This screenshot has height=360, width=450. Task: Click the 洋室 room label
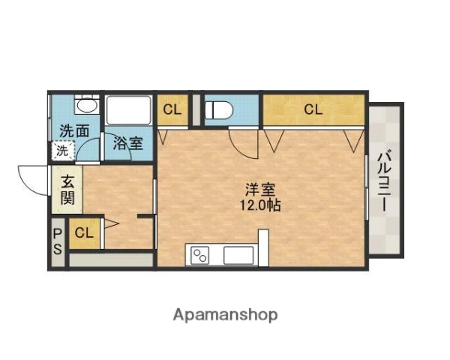click(x=260, y=189)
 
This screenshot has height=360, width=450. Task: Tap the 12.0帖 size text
click(x=260, y=204)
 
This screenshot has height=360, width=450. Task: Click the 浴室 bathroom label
click(x=127, y=144)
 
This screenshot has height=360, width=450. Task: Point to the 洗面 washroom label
click(x=74, y=130)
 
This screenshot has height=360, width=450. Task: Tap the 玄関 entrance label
click(x=67, y=190)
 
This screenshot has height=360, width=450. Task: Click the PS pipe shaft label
click(x=58, y=241)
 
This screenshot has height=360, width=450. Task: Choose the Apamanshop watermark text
click(x=225, y=314)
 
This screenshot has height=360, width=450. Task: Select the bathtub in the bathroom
click(x=130, y=110)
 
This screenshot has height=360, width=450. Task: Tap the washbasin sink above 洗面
click(x=85, y=105)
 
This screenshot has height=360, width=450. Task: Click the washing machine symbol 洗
click(x=62, y=150)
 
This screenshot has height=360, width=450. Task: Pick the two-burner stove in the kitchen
click(x=200, y=255)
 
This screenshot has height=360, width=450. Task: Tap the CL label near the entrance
click(x=84, y=232)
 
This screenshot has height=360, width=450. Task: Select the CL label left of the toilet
click(x=172, y=109)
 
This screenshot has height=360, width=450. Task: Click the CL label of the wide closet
click(x=313, y=109)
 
